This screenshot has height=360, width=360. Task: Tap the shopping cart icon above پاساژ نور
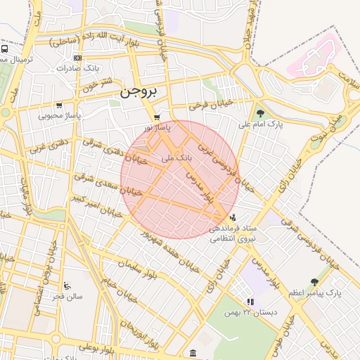point(157,117)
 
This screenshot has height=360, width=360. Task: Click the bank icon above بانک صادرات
point(77,58)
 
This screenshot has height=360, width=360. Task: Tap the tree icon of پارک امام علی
point(260,112)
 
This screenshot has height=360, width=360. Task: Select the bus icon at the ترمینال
point(4,50)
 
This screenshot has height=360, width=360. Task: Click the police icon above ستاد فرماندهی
point(233,218)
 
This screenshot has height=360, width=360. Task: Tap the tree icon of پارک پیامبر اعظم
point(314,281)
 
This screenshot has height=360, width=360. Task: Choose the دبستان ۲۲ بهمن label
point(251,312)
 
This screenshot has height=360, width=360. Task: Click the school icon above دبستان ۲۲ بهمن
point(250,302)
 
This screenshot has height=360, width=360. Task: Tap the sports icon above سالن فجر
point(67,285)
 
